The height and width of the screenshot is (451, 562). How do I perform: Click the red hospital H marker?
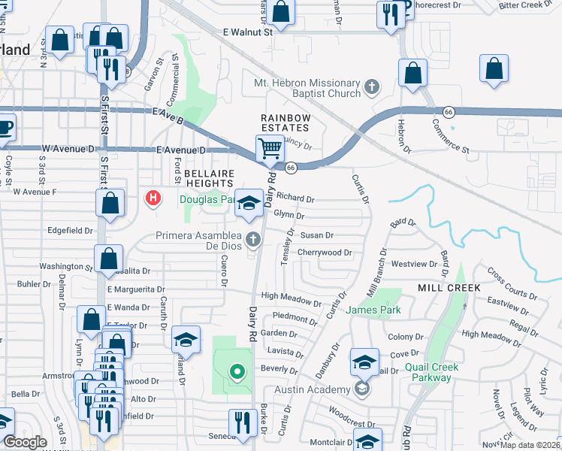click(153, 198)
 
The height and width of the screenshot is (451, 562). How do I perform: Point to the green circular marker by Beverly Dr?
click(237, 372)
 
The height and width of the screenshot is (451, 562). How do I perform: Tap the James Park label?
click(373, 310)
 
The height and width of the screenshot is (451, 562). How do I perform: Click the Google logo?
click(25, 442)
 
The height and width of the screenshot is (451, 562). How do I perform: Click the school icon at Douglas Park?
click(249, 202)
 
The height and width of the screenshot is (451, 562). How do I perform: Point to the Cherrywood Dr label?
click(325, 253)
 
